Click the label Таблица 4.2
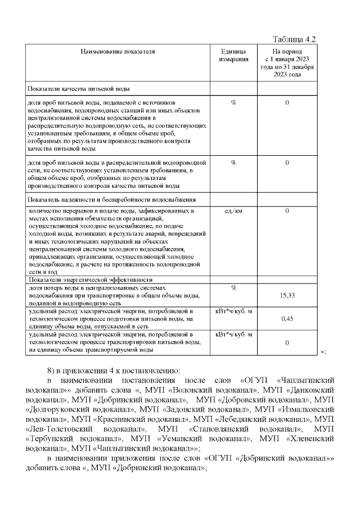294,39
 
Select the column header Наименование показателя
118,52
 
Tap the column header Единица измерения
233,55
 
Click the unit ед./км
233,211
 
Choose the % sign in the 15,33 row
233,288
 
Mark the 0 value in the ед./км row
287,211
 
